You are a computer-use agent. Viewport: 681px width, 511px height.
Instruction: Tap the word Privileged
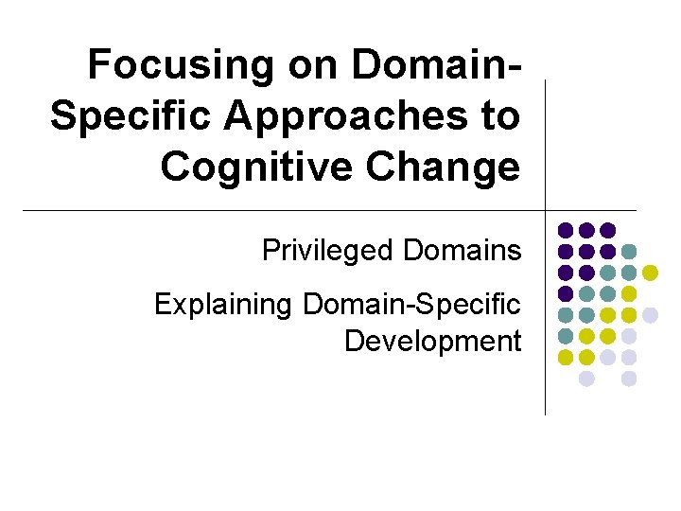tap(328, 251)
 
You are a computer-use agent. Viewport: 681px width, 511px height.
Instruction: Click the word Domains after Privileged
tap(462, 251)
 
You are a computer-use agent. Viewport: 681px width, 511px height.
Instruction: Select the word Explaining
tap(223, 305)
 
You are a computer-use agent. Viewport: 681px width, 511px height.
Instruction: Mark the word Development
tap(432, 340)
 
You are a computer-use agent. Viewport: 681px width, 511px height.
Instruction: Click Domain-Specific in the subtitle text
tap(411, 305)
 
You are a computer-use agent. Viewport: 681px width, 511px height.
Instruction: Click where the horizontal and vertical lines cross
tap(547, 209)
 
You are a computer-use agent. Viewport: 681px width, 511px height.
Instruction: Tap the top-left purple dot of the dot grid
tap(566, 230)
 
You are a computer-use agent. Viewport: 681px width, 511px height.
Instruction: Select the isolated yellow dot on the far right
tap(650, 273)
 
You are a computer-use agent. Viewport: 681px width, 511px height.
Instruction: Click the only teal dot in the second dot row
tap(629, 252)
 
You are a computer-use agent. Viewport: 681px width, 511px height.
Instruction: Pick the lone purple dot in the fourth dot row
tap(566, 293)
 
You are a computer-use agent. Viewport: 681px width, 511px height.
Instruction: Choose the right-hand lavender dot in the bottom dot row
tap(629, 379)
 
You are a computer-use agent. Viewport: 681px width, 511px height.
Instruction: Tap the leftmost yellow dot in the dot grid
tap(566, 357)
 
